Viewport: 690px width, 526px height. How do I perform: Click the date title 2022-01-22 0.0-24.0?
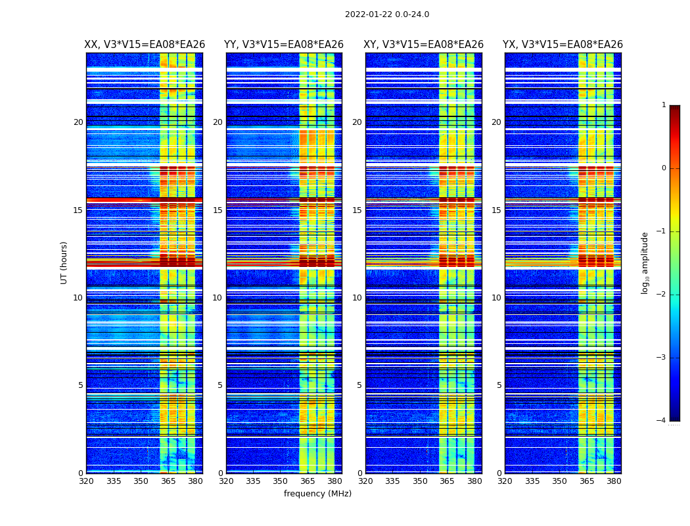387,14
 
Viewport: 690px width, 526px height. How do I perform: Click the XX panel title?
145,45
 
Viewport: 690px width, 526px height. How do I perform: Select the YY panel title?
284,45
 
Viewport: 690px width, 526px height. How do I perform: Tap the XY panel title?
424,45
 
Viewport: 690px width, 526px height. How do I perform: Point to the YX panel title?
563,45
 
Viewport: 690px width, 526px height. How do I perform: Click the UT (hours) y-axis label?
64,262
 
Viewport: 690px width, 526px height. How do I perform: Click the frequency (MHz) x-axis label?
317,494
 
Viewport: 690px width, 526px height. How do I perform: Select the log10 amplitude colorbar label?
645,262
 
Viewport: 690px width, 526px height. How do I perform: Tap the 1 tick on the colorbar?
664,105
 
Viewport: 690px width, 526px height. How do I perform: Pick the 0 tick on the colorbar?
664,168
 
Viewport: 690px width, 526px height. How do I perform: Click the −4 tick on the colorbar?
662,421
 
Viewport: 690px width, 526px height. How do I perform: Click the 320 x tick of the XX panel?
86,481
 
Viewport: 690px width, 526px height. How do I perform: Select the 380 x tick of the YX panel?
614,481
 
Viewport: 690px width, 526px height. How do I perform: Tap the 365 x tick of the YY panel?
308,481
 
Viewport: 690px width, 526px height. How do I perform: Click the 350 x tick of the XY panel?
420,481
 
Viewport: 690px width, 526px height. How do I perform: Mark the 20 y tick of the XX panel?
78,122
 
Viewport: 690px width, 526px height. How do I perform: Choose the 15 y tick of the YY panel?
218,210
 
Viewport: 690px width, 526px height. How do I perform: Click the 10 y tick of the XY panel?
357,298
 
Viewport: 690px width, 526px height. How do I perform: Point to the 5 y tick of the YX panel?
499,385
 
